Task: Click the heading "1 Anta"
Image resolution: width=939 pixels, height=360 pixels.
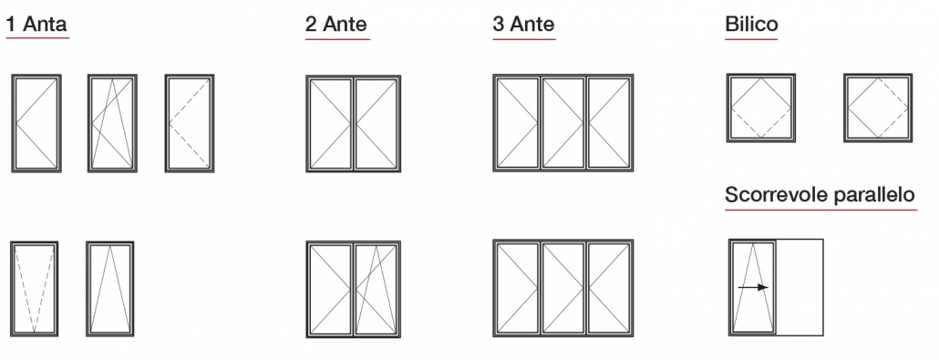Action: (x=36, y=25)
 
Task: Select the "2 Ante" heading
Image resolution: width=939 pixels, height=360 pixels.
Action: (x=336, y=25)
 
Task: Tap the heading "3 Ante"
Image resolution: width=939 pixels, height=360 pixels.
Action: (x=523, y=25)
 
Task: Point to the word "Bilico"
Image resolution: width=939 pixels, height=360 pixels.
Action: (x=751, y=25)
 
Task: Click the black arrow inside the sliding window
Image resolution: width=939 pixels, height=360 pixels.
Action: (x=753, y=287)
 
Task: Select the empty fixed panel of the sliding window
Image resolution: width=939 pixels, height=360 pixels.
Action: (x=800, y=288)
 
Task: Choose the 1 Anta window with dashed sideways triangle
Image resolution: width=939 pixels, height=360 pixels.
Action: (x=190, y=122)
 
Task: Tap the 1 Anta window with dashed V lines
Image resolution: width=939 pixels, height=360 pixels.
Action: (x=35, y=288)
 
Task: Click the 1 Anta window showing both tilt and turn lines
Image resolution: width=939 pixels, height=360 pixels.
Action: (x=112, y=122)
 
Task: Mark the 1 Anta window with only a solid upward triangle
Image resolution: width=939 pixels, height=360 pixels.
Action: (x=110, y=288)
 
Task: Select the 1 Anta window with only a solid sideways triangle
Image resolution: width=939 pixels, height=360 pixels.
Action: (x=36, y=122)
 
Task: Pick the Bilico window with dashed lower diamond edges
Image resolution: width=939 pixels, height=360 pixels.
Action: (x=761, y=108)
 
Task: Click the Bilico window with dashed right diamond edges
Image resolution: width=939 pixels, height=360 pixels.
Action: (x=877, y=108)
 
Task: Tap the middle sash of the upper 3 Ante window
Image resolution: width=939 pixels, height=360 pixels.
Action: (x=562, y=122)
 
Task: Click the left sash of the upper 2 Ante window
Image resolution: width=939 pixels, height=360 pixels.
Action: (x=330, y=122)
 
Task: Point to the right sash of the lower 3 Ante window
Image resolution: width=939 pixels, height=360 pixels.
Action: (x=609, y=288)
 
